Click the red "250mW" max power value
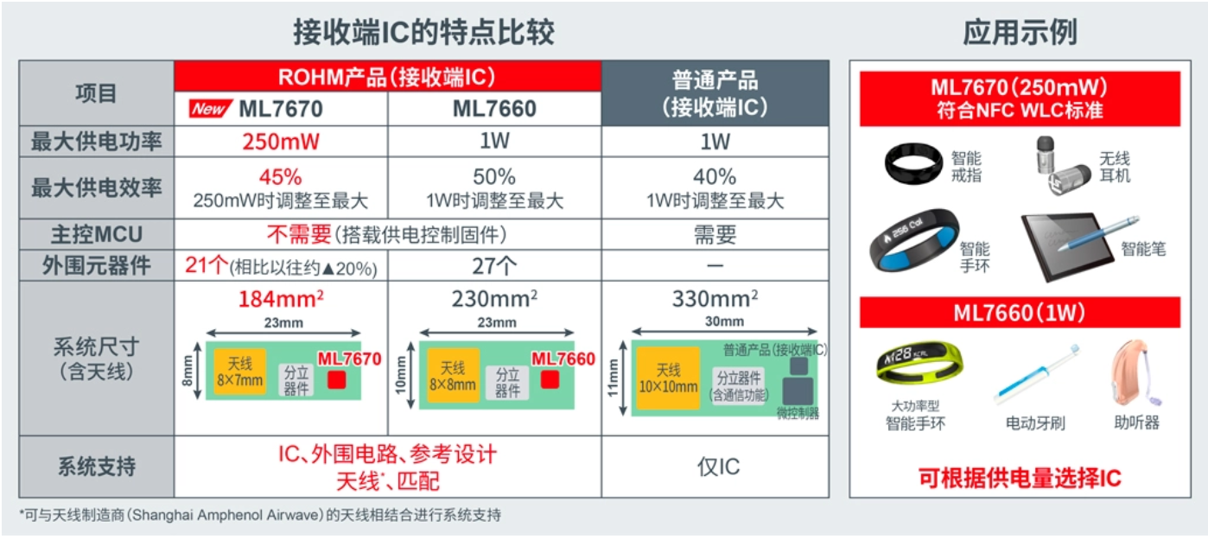coord(281,141)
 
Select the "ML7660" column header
coord(494,109)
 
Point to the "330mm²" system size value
coord(715,299)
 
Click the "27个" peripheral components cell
coord(494,265)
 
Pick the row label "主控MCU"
coord(96,234)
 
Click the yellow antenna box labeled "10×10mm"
coord(667,378)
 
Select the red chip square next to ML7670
coord(337,380)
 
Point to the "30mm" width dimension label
coord(724,321)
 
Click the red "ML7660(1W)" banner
coord(1020,313)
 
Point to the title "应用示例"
coord(1020,32)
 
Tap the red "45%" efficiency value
coord(281,177)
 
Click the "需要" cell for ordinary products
coord(715,234)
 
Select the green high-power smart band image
coord(919,365)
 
